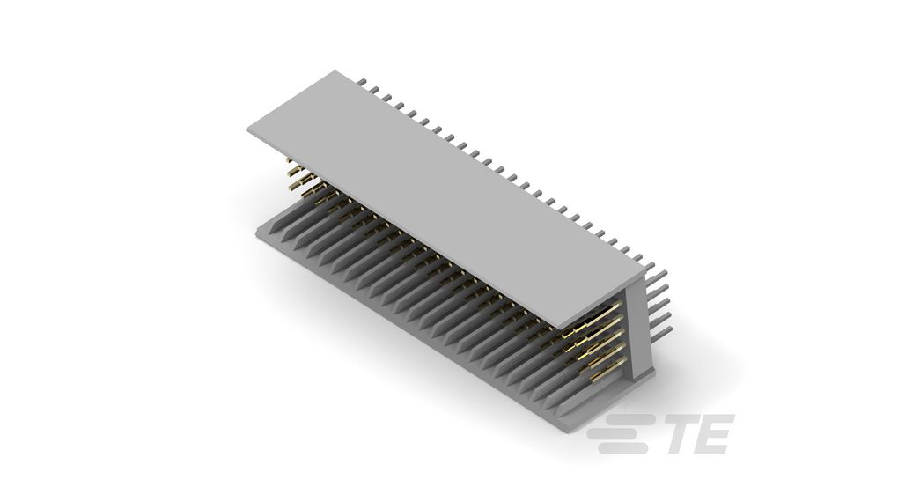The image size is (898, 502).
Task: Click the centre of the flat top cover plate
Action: [x=440, y=198]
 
